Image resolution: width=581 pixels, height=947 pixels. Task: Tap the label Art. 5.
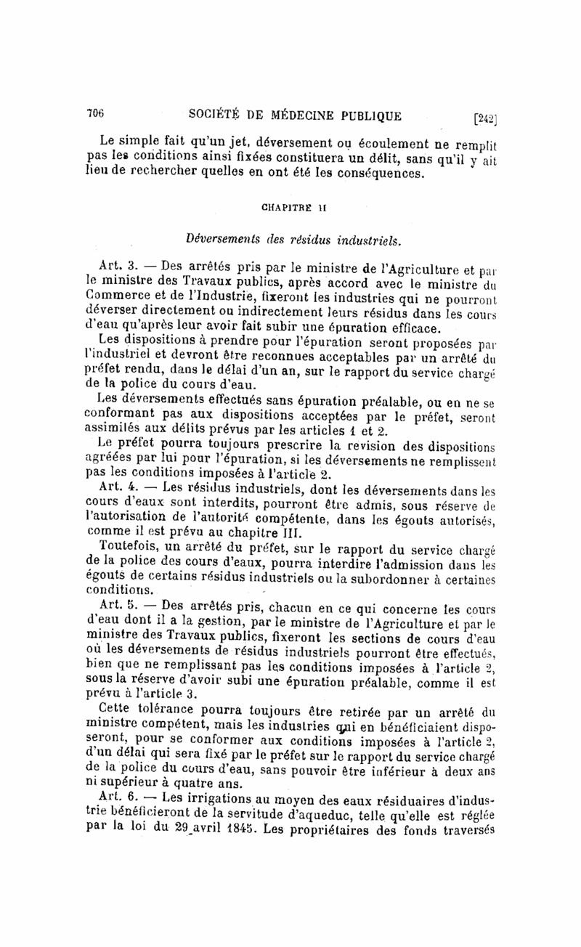click(112, 604)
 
